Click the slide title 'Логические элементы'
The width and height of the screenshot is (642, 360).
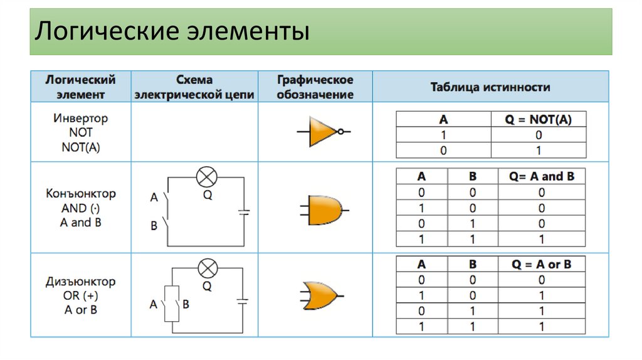(x=172, y=31)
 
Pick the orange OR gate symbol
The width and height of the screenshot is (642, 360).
(x=320, y=295)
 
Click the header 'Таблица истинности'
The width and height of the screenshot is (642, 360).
(x=490, y=87)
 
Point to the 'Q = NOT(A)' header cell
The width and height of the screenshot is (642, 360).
(x=539, y=119)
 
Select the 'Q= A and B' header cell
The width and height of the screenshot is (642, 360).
(x=541, y=176)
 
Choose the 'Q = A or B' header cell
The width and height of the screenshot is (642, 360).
(x=541, y=264)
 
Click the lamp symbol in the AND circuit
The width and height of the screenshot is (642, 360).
(x=206, y=177)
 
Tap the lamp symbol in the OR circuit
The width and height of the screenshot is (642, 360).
(x=206, y=268)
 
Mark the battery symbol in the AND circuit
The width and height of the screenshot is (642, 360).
(x=244, y=213)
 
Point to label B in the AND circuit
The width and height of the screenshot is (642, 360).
(x=154, y=226)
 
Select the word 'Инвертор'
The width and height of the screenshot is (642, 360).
(x=81, y=118)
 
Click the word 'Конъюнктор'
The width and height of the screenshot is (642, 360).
(x=81, y=194)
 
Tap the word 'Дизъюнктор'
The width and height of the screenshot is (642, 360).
(x=81, y=282)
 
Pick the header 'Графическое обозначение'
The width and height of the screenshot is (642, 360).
(x=315, y=87)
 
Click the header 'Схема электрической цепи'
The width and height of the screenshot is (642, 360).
(x=194, y=87)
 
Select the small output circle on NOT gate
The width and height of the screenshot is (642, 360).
(x=340, y=132)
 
